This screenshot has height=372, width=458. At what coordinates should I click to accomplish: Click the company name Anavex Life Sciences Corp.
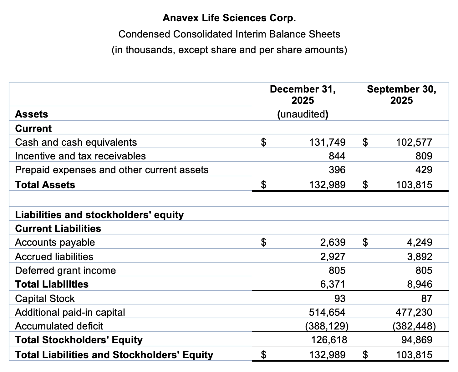pyautogui.click(x=229, y=18)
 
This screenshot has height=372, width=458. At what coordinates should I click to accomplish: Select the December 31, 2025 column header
pyautogui.click(x=303, y=95)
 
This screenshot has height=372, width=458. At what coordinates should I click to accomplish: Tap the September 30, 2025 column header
pyautogui.click(x=401, y=95)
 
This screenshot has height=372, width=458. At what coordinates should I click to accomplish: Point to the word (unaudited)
pyautogui.click(x=303, y=114)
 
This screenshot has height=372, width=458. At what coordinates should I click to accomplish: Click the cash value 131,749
pyautogui.click(x=327, y=142)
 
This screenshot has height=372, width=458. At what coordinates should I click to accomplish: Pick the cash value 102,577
pyautogui.click(x=414, y=142)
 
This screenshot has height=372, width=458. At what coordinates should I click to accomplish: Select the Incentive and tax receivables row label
pyautogui.click(x=80, y=156)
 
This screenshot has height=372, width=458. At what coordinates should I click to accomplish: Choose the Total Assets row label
pyautogui.click(x=45, y=185)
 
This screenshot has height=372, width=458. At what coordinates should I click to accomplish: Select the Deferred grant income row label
pyautogui.click(x=65, y=270)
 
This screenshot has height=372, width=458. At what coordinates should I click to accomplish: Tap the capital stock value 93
pyautogui.click(x=340, y=299)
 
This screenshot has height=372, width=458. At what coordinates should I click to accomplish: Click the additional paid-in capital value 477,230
pyautogui.click(x=414, y=312)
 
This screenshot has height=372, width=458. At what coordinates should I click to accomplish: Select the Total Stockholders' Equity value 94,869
pyautogui.click(x=417, y=340)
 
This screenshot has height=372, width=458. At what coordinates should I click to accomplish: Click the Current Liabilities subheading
pyautogui.click(x=58, y=229)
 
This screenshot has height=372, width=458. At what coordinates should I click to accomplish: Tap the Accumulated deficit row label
pyautogui.click(x=59, y=326)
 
